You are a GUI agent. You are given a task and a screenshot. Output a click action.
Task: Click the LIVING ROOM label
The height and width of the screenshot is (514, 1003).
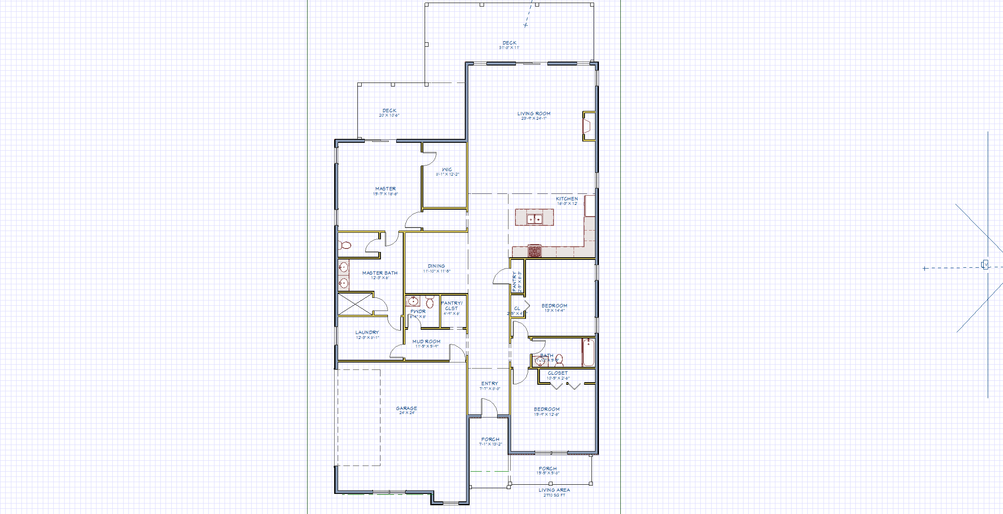534,114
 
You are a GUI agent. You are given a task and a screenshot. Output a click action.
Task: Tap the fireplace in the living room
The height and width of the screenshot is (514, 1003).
588,126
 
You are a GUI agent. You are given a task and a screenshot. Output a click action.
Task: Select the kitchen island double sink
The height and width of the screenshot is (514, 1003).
534,219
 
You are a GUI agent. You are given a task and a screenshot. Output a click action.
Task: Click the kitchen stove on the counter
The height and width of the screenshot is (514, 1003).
535,251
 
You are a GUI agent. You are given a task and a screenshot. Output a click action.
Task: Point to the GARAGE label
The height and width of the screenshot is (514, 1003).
406,408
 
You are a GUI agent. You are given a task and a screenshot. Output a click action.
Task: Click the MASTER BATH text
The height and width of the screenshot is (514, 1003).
380,273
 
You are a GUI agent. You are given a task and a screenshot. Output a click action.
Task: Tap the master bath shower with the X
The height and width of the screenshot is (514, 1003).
355,304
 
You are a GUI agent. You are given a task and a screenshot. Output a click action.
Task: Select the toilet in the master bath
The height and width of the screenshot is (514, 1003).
345,245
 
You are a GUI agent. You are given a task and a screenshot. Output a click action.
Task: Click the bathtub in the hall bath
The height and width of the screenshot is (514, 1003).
588,352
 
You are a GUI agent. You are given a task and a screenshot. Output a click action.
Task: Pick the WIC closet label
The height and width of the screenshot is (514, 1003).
447,169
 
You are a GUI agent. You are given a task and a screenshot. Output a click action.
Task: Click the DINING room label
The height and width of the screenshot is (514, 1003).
436,266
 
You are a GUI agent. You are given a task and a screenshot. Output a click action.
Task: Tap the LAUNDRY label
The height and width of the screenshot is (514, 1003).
367,332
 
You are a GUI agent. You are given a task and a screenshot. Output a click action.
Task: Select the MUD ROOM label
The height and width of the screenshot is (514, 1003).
426,342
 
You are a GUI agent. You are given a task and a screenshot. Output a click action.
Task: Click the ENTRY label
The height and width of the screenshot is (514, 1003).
490,383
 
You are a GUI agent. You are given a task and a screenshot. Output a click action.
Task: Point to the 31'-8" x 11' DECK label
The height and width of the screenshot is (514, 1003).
509,43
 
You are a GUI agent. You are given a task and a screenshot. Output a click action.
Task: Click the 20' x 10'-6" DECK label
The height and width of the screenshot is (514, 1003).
389,111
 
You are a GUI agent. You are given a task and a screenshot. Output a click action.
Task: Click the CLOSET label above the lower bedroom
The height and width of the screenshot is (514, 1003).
558,373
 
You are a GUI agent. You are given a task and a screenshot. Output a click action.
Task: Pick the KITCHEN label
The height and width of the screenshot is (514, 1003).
567,199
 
